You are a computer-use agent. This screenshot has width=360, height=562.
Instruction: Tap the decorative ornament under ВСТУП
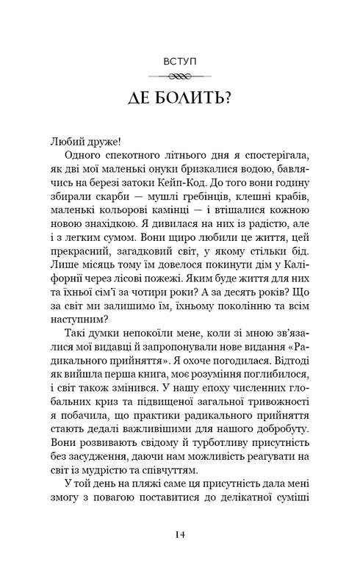point(180,75)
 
